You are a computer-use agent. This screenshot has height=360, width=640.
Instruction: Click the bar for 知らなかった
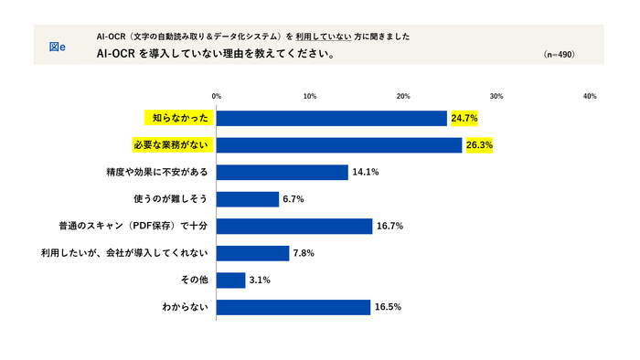331,118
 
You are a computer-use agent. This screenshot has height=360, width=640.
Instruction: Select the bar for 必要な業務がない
338,145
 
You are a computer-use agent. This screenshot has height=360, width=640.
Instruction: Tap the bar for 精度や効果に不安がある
282,172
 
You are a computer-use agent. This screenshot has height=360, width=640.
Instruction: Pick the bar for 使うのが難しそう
247,199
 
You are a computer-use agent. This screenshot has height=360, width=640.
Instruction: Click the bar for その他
230,281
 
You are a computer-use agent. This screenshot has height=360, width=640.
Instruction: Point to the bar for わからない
293,308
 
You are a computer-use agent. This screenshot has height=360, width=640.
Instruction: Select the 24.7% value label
464,118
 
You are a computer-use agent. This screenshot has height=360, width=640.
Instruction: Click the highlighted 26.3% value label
479,145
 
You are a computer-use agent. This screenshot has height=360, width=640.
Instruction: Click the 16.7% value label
389,227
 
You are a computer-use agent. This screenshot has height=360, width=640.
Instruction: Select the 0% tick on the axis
217,95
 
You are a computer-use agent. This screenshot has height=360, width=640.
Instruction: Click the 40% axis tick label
590,95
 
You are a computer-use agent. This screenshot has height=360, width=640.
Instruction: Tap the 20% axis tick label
403,95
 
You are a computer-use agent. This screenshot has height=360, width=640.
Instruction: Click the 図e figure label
56,45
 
